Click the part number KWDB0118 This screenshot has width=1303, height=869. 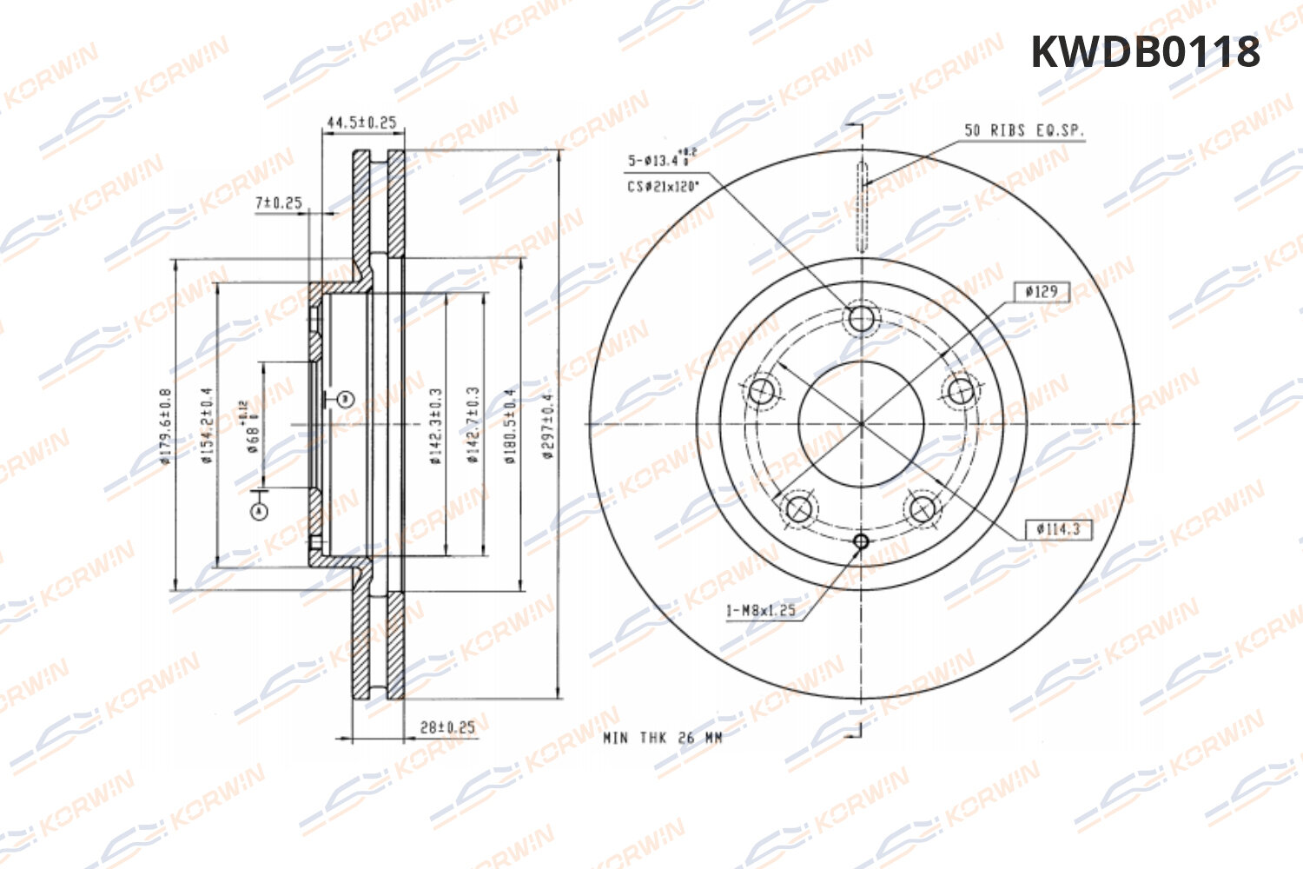click(1145, 52)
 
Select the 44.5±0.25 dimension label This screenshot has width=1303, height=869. click(360, 123)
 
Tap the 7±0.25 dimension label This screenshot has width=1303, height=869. click(278, 202)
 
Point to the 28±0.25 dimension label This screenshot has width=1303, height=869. click(447, 726)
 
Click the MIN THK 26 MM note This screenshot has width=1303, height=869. click(663, 737)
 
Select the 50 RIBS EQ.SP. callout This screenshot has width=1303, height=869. click(1024, 130)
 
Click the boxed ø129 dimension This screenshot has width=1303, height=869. click(1042, 291)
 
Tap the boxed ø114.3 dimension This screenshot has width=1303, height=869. click(1057, 528)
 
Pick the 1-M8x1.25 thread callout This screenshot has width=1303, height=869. click(761, 610)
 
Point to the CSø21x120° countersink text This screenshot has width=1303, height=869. click(663, 186)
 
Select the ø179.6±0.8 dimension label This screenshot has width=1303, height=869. click(165, 425)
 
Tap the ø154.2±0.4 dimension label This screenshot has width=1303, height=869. click(207, 425)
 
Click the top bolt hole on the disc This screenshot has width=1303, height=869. click(861, 319)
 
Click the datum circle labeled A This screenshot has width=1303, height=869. click(258, 512)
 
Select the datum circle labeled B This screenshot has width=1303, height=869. click(345, 399)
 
